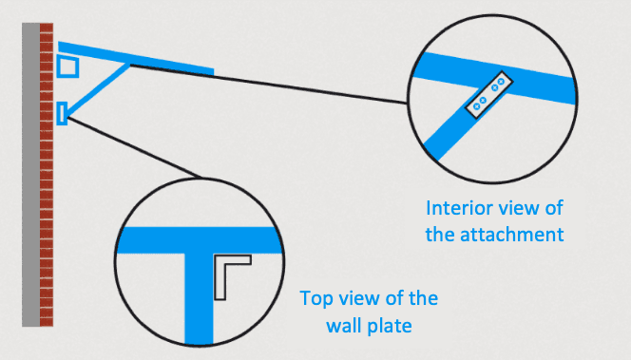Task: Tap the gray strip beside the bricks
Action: pyautogui.click(x=30, y=190)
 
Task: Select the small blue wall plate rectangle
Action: pyautogui.click(x=62, y=113)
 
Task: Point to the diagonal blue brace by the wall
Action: pyautogui.click(x=95, y=90)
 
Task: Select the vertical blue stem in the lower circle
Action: pyautogui.click(x=199, y=294)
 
